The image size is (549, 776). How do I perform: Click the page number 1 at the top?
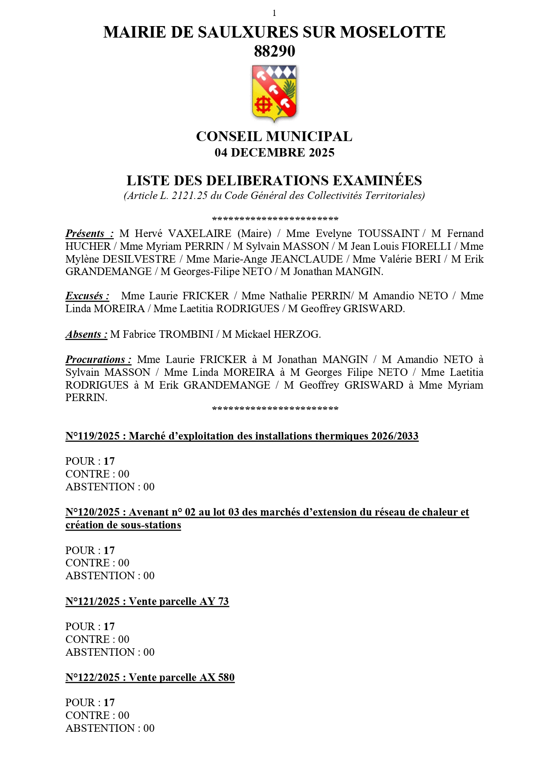point(274,13)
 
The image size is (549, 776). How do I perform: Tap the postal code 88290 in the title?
point(274,51)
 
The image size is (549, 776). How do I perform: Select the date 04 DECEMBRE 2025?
point(274,153)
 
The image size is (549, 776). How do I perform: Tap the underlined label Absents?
point(86,334)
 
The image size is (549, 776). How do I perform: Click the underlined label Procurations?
point(98,359)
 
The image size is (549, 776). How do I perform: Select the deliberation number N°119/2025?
point(92,436)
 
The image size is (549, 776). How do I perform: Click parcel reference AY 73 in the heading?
point(214,601)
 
